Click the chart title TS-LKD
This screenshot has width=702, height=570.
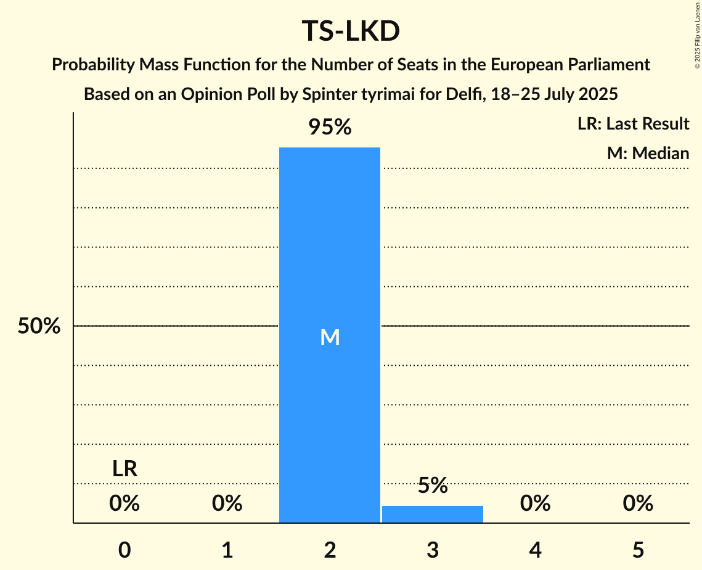point(351,32)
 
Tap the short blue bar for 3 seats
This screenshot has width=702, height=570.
point(433,514)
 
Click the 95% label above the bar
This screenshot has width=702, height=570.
point(330,128)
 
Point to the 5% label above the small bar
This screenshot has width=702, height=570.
point(433,485)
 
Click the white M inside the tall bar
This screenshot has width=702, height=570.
point(330,337)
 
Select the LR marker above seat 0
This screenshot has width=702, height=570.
point(124,469)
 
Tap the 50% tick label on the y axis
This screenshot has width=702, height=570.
point(39,326)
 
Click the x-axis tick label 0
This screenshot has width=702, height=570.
point(124,550)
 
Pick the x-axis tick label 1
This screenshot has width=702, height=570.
point(227,550)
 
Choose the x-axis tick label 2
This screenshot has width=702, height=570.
point(330,550)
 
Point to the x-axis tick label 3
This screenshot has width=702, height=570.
point(433,550)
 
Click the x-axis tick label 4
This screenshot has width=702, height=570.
point(535,550)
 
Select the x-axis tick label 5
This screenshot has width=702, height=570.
point(638,550)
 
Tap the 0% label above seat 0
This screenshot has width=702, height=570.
point(124,504)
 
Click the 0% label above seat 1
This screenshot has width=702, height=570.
point(227,504)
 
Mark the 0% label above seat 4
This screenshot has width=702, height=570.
point(535,504)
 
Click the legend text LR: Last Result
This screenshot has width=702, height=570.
point(633,124)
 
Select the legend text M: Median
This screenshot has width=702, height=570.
point(648,153)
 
